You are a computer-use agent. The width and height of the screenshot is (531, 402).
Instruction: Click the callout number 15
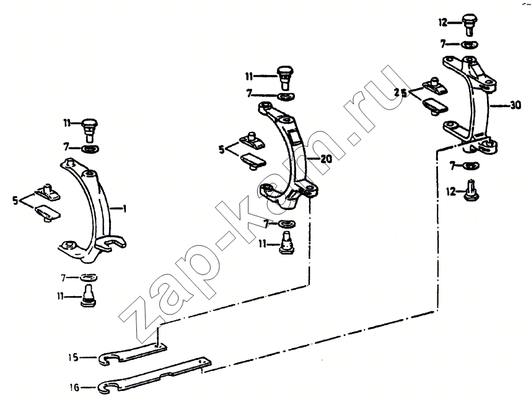pos(73,357)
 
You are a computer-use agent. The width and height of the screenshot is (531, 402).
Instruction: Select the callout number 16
pos(74,387)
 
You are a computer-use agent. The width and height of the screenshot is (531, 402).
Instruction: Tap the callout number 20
pos(326,159)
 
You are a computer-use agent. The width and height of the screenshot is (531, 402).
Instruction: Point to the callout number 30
pos(516,106)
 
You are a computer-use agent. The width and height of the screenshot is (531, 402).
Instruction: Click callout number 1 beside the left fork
pos(125,209)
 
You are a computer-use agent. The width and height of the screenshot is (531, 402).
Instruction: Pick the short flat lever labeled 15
pos(133,354)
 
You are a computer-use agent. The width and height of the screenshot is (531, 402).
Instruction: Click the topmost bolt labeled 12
pos(469,24)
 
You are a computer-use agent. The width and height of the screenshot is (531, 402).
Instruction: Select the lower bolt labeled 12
pos(471,191)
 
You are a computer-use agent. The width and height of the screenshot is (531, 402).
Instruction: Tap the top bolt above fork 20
pos(285,77)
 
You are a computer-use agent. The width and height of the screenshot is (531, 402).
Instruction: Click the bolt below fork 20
pos(286,243)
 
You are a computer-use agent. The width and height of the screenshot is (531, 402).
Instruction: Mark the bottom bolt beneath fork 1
pos(89,296)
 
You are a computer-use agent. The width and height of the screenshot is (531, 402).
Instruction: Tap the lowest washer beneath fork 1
pos(89,277)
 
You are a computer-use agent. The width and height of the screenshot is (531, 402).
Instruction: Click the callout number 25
pos(400,92)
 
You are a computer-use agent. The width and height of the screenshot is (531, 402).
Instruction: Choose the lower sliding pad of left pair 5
pos(48,212)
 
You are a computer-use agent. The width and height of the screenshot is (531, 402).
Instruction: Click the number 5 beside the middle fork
pos(221,149)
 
